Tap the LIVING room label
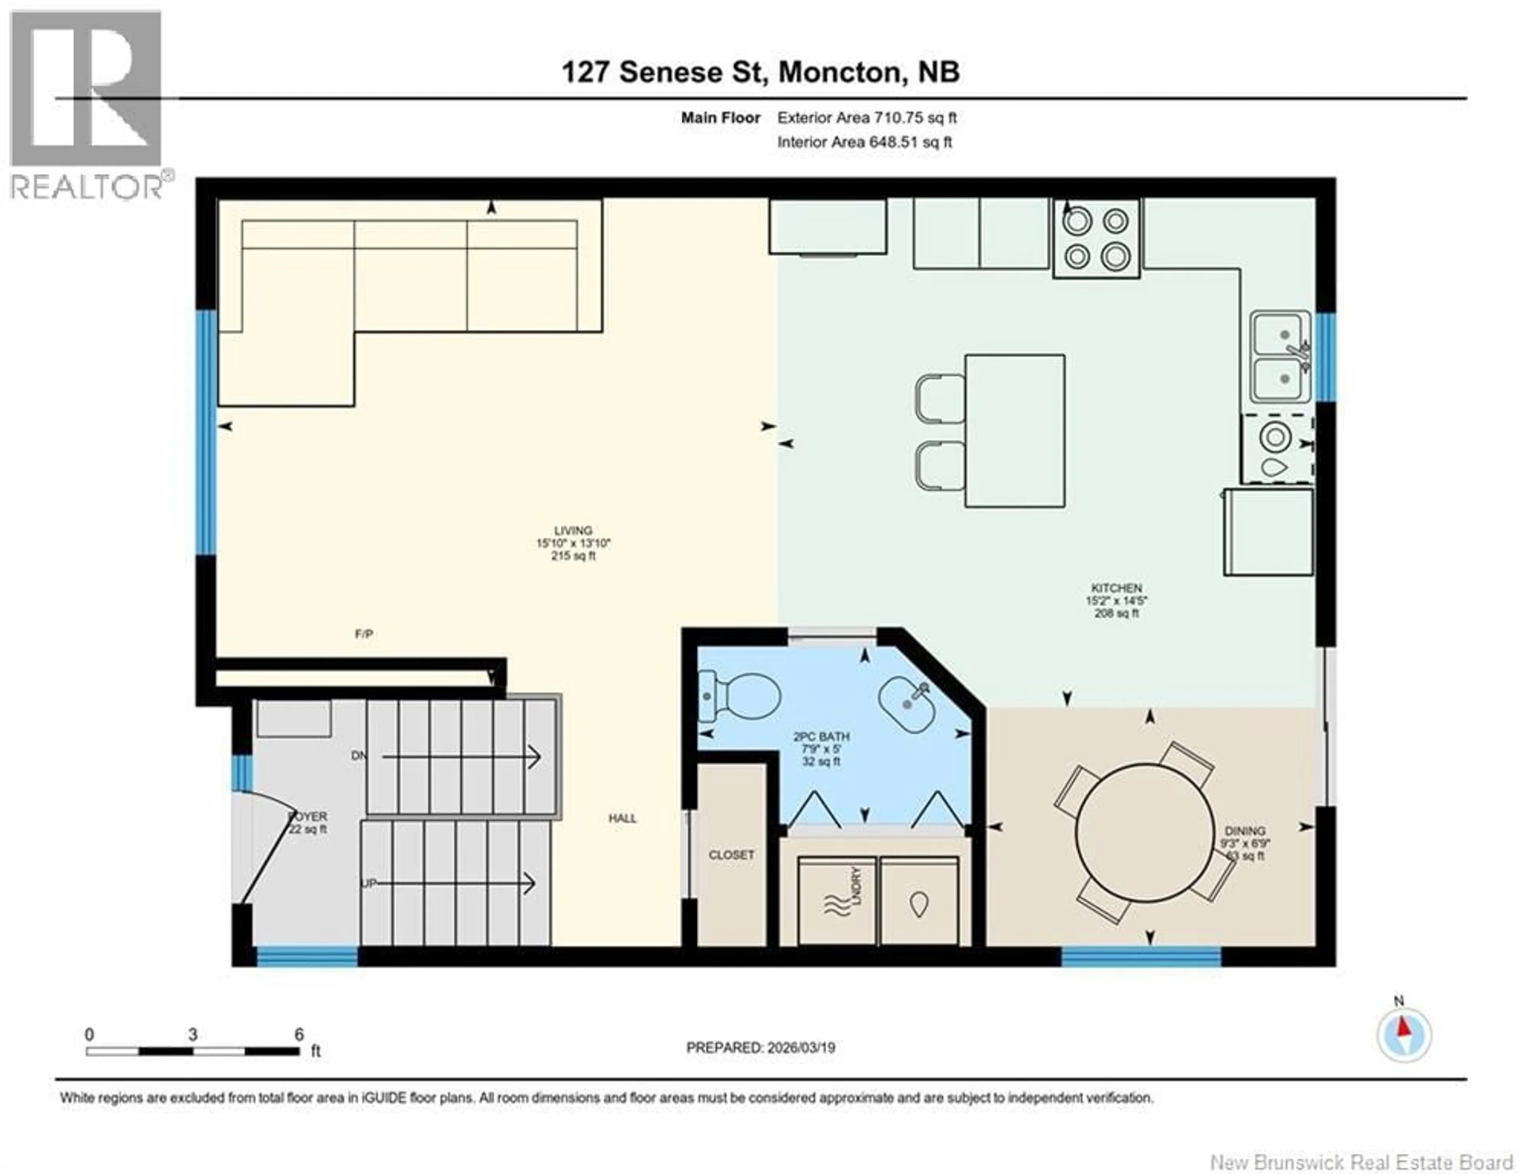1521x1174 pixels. [573, 531]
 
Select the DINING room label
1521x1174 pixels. [1245, 831]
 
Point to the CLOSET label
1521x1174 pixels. [731, 855]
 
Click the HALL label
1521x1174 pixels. [622, 818]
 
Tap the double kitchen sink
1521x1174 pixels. [1280, 357]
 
